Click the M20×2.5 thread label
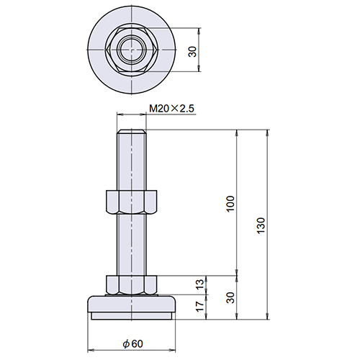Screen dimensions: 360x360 click(x=171, y=109)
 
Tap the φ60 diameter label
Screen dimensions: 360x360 click(x=132, y=343)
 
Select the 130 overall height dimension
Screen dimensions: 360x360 click(x=261, y=225)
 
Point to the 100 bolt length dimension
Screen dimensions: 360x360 click(x=230, y=204)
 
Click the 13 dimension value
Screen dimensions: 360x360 click(x=199, y=284)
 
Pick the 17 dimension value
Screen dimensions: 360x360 click(x=199, y=307)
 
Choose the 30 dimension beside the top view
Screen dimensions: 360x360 click(x=192, y=52)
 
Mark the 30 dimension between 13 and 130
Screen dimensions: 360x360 click(x=230, y=297)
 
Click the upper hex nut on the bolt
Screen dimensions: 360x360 click(x=131, y=202)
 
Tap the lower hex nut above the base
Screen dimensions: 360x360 click(x=131, y=285)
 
